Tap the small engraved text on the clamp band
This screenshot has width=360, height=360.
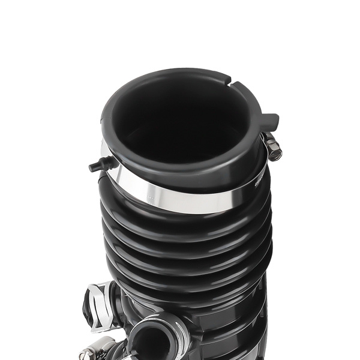[x=259, y=179]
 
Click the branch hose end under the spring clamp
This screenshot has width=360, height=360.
[x=118, y=315]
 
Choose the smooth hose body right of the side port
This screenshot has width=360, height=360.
[x=228, y=330]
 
